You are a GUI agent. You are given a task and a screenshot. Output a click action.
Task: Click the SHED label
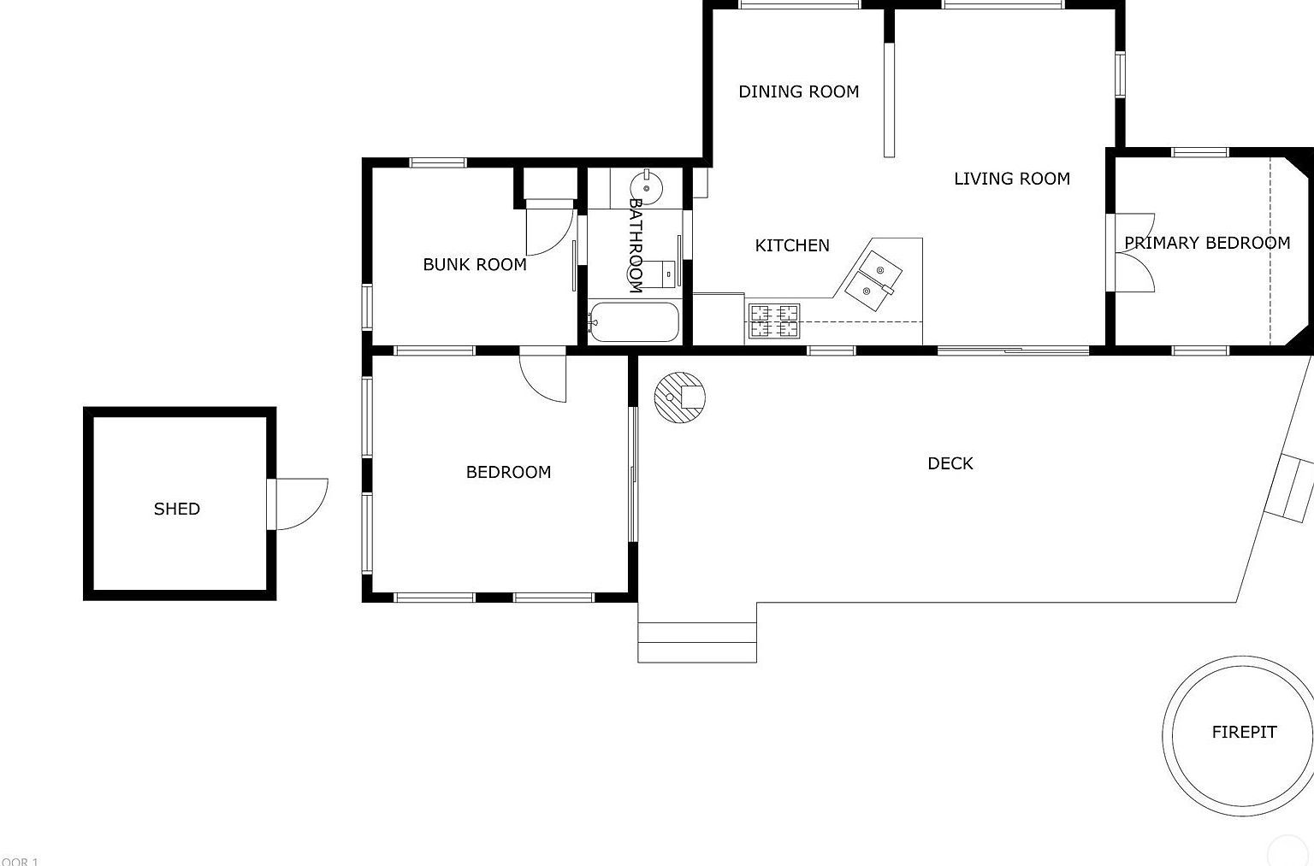(177, 509)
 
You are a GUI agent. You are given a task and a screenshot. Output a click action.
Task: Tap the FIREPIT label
(1244, 732)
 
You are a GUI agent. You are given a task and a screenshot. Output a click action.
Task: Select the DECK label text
(950, 463)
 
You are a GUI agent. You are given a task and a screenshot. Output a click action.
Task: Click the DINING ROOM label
(798, 91)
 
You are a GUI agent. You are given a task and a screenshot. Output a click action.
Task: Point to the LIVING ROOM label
(1012, 179)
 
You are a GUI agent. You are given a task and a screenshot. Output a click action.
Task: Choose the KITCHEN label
(792, 245)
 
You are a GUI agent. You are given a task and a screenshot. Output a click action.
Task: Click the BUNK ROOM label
(475, 264)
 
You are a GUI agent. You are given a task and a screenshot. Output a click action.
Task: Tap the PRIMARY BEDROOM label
(1206, 243)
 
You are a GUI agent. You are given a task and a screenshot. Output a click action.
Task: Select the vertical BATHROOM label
(636, 245)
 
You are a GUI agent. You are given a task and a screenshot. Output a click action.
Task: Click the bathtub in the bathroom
(634, 322)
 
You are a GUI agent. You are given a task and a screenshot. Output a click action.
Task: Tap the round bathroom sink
(646, 186)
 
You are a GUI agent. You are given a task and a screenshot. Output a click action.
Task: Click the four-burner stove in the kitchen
(774, 321)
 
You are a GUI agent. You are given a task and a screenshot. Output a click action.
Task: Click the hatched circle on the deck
(680, 397)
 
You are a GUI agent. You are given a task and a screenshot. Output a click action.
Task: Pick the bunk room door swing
(550, 230)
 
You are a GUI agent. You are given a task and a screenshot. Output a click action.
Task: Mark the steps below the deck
(697, 642)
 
